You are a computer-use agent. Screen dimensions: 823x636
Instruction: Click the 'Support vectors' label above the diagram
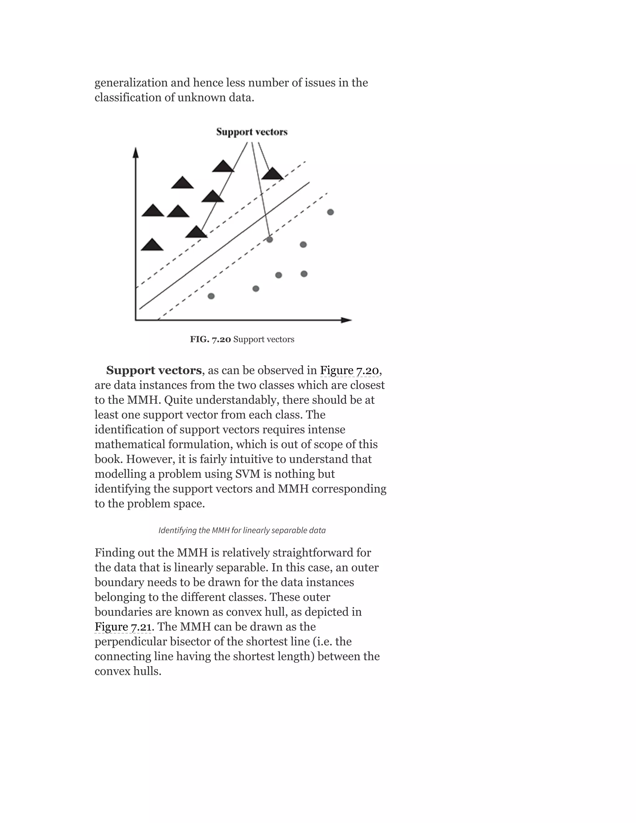click(252, 132)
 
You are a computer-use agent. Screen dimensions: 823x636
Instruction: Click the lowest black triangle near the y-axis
click(152, 245)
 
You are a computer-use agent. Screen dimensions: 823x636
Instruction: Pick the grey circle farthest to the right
click(330, 212)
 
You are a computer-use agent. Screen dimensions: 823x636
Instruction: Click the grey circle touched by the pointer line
click(269, 239)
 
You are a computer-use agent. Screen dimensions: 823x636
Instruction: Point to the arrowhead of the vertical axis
click(136, 152)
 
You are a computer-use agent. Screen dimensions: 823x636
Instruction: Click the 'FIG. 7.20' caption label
click(210, 339)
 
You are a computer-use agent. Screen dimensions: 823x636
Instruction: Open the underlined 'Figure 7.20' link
click(349, 371)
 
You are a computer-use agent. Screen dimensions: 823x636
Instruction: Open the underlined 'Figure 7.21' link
click(123, 627)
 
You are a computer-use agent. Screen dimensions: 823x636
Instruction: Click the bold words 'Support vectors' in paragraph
click(154, 371)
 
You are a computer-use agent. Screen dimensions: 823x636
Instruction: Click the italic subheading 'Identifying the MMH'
click(242, 530)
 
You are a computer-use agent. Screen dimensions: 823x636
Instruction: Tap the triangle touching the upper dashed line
click(196, 233)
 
